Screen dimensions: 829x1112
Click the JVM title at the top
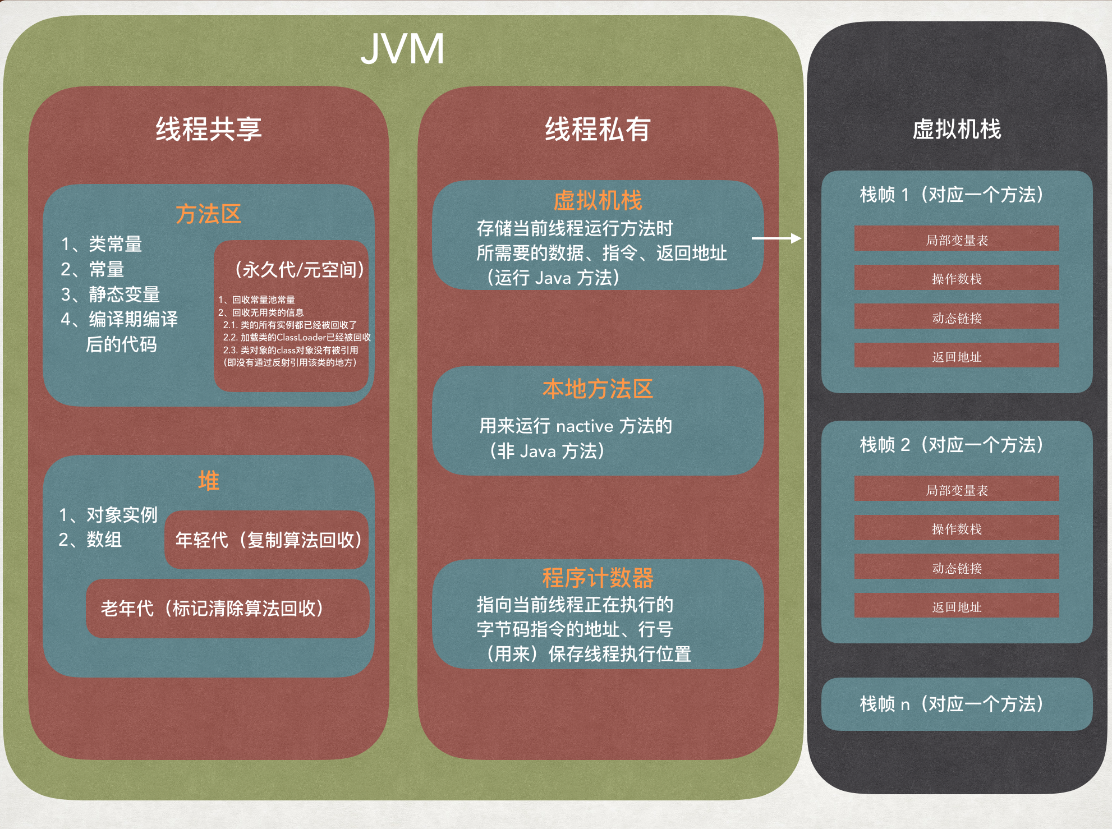tap(402, 49)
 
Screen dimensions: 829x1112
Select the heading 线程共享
tap(209, 129)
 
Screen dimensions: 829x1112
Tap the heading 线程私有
tap(598, 129)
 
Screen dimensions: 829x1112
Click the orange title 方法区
tap(208, 214)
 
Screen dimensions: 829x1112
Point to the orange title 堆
tap(209, 481)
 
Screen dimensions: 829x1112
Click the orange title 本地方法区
tap(598, 389)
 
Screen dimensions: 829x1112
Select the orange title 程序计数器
tap(598, 578)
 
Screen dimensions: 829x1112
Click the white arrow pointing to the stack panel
tap(776, 238)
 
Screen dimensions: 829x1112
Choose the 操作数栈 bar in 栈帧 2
tap(957, 528)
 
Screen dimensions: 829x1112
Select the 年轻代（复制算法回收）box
tap(267, 540)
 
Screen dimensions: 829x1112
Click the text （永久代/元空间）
tap(299, 270)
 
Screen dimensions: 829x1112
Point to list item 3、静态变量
tap(111, 294)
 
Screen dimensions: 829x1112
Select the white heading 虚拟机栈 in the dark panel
tap(957, 129)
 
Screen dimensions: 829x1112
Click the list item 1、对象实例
tap(108, 514)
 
